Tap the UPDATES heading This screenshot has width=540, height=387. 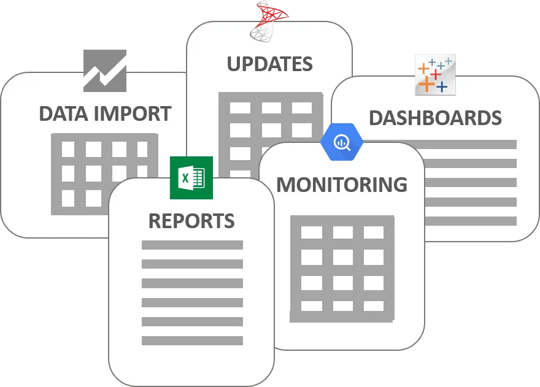269,64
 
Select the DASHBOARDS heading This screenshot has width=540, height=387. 435,118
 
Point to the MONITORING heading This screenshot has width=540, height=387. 342,184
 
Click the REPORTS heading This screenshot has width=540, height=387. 191,221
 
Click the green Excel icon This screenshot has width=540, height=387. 191,178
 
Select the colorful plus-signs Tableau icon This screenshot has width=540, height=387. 435,74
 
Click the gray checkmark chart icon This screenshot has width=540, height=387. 105,71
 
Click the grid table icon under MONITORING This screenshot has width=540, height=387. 342,269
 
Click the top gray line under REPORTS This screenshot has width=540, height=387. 192,245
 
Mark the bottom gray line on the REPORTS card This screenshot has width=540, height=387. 192,340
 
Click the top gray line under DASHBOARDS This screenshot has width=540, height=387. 469,145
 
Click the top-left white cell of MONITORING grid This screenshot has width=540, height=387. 312,232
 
